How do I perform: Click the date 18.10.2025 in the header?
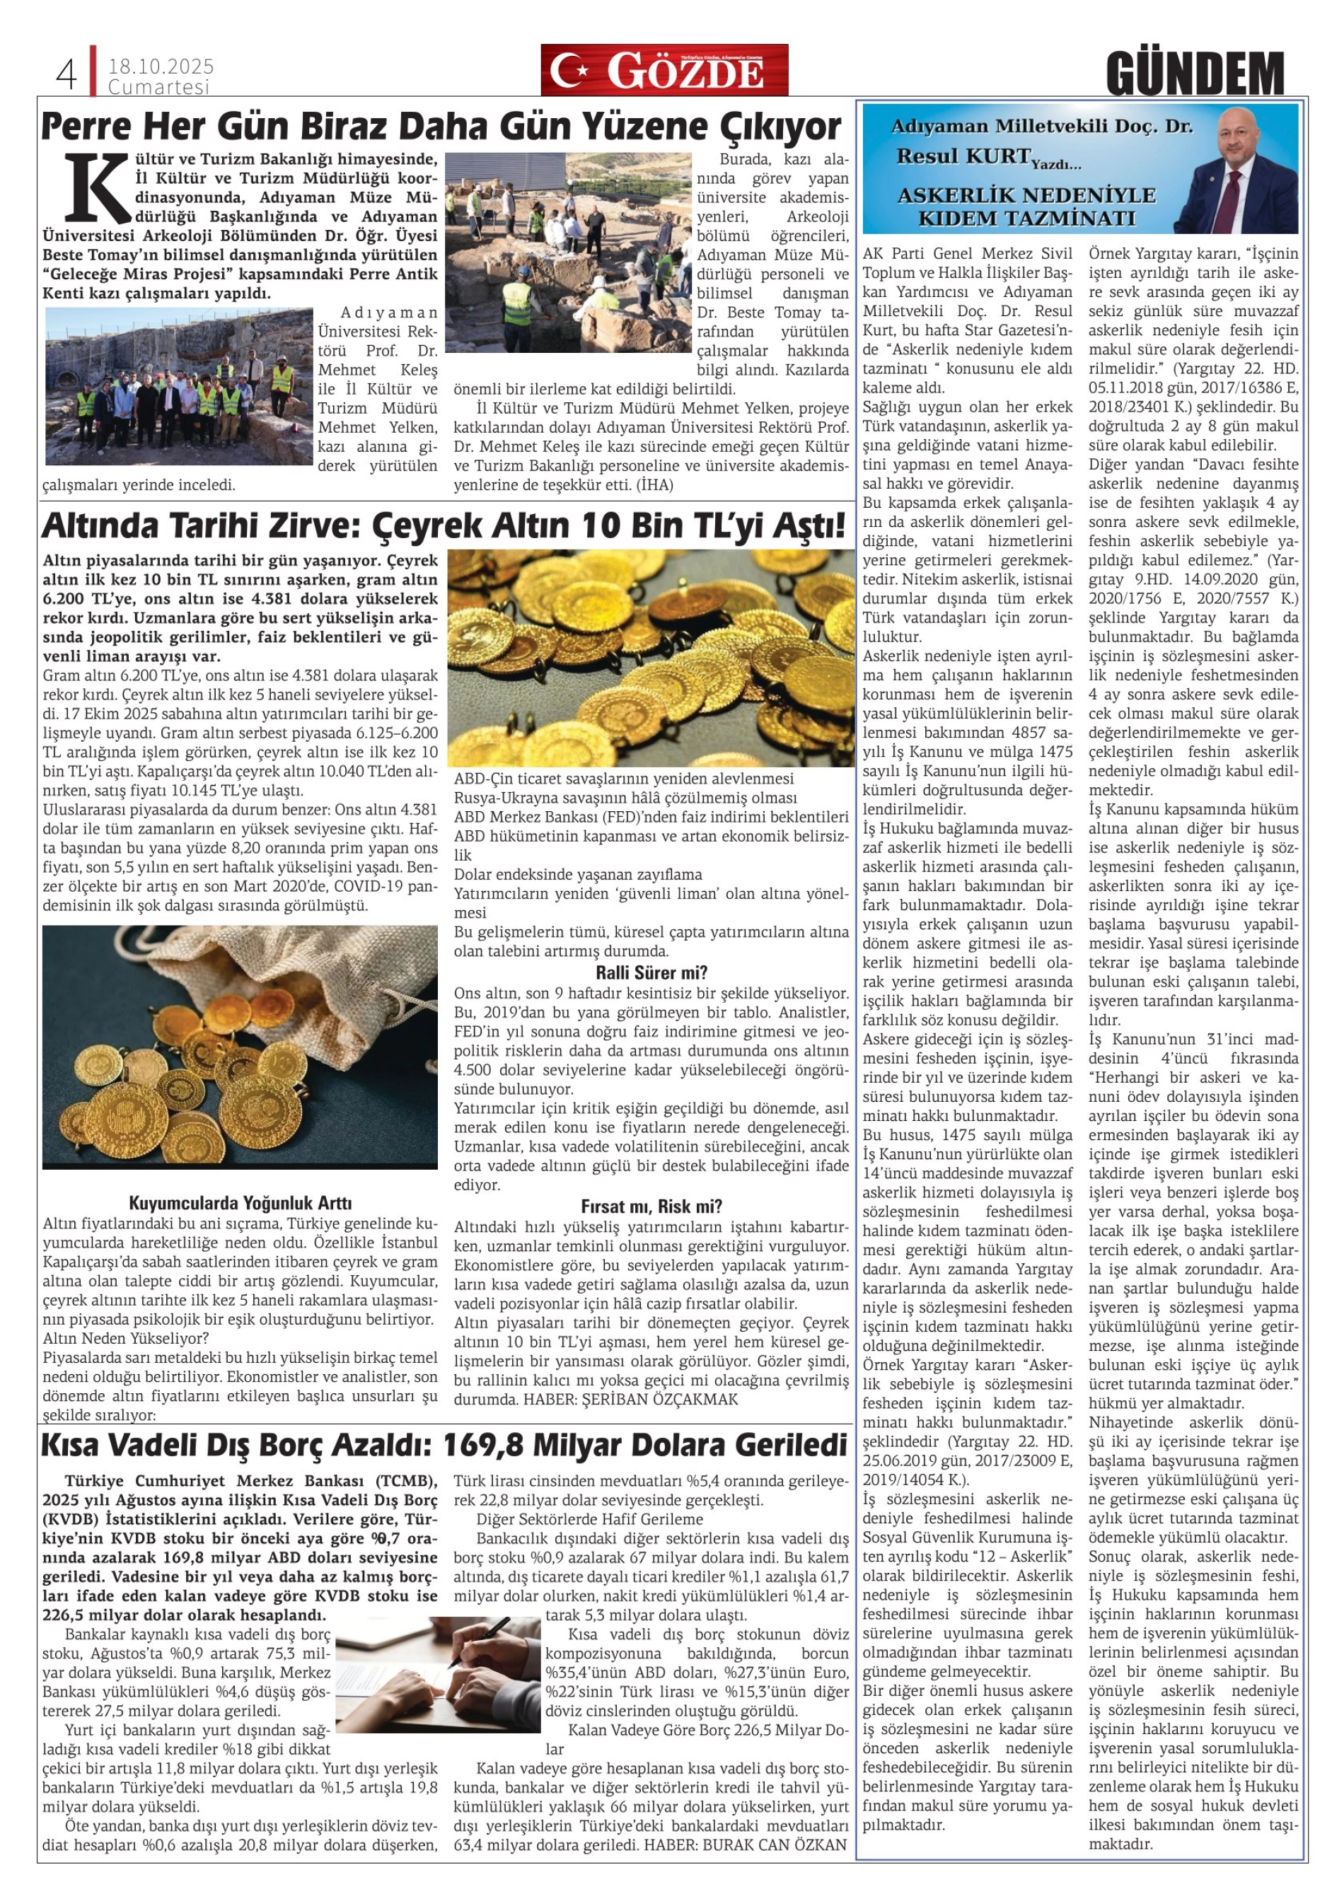click(161, 66)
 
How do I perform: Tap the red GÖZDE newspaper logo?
click(664, 71)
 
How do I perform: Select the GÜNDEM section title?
click(1194, 74)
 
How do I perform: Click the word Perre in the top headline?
click(86, 127)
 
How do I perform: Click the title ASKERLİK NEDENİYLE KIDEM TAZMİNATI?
click(1026, 207)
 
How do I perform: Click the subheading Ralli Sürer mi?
click(651, 972)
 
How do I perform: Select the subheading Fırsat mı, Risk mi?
click(651, 1206)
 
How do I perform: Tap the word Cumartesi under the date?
click(159, 87)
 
